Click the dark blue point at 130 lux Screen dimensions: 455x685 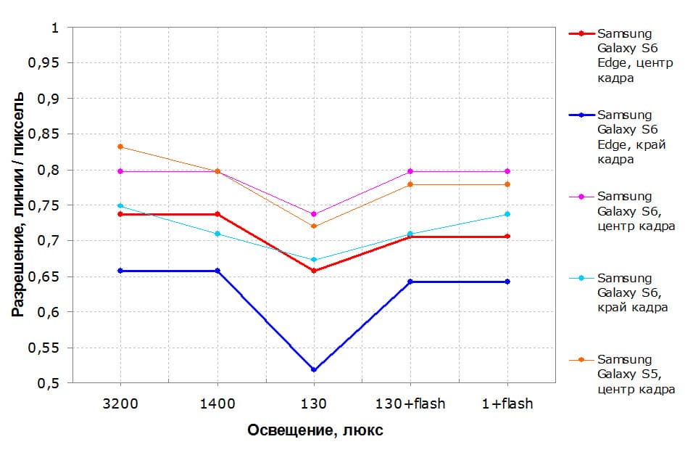click(x=314, y=370)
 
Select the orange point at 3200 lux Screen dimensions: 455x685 click(x=120, y=147)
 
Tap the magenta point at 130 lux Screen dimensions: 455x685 click(x=314, y=214)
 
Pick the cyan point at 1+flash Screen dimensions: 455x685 click(x=507, y=214)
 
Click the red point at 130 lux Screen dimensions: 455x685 click(x=314, y=271)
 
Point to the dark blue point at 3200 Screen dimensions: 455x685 click(x=120, y=271)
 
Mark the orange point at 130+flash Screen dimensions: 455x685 click(x=411, y=184)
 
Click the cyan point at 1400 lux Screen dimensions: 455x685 click(x=217, y=234)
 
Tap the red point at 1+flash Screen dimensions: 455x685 click(x=507, y=237)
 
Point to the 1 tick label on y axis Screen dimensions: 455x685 click(x=53, y=28)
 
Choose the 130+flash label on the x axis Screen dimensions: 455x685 click(x=411, y=403)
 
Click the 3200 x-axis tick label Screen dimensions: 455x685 click(x=120, y=403)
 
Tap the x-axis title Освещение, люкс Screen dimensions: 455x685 click(x=315, y=430)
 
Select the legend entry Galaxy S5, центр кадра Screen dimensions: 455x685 click(x=636, y=374)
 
